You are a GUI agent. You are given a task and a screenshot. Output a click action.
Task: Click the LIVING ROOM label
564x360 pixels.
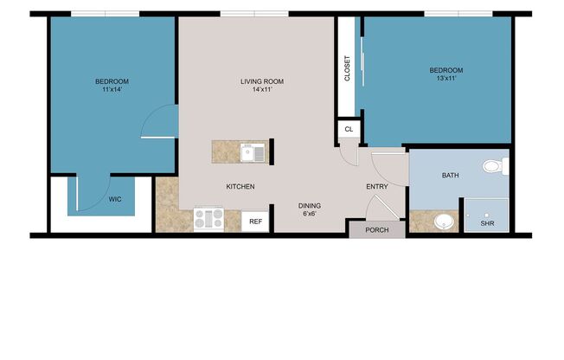point(261,82)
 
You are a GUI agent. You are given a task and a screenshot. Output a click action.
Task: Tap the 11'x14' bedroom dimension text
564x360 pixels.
point(112,90)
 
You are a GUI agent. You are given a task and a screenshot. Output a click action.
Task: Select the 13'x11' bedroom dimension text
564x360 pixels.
point(446,79)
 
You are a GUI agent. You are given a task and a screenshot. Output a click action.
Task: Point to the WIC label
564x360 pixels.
point(115,199)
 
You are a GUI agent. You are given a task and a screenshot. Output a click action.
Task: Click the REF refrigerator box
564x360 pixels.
point(255,222)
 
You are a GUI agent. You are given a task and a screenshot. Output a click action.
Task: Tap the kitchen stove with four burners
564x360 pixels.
point(209,219)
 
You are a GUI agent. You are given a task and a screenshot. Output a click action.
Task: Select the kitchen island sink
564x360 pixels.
point(253,154)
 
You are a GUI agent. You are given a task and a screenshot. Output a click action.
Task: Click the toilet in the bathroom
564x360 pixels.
point(494,165)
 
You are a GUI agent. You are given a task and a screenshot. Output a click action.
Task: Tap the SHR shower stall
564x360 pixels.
point(487,215)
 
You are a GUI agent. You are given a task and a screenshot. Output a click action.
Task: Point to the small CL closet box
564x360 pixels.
point(349,129)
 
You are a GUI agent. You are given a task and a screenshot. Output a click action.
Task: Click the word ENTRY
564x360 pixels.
point(377,186)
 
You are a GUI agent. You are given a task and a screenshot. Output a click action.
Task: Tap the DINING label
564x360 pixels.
point(310,206)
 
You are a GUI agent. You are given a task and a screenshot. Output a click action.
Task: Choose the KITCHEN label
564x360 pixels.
point(240,186)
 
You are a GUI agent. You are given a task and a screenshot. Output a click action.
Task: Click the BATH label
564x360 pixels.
point(451,176)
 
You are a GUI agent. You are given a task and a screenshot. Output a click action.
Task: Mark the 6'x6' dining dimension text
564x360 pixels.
point(310,215)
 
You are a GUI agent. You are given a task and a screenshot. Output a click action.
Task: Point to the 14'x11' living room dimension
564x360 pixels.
point(261,90)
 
